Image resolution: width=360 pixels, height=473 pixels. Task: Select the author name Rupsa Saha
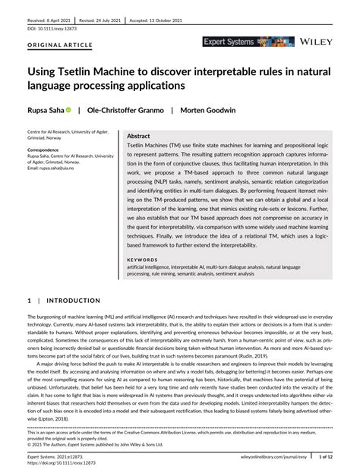coord(50,110)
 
